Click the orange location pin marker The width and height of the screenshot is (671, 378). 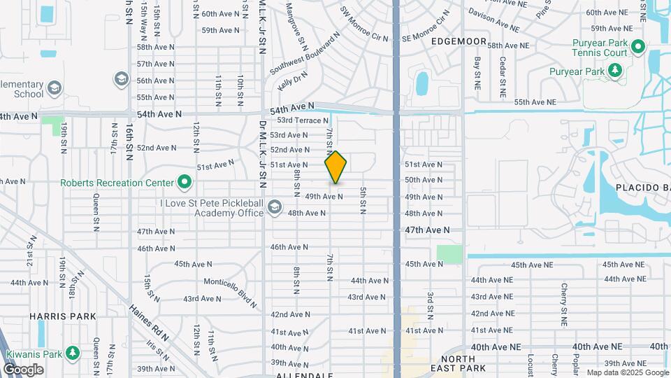pos(335,167)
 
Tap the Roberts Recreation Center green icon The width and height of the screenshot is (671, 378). pos(185,183)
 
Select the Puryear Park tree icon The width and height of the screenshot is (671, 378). pos(615,70)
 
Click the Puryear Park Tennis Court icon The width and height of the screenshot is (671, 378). pos(637,47)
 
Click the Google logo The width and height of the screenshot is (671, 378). pos(23,370)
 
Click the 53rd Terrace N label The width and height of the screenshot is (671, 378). pos(303,121)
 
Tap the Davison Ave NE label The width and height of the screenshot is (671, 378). pos(493,21)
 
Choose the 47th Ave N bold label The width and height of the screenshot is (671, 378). pos(426,230)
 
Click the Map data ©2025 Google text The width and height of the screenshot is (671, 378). pos(627,372)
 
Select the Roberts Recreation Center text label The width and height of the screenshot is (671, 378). pos(117,183)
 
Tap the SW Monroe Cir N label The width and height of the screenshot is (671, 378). pos(363,22)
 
